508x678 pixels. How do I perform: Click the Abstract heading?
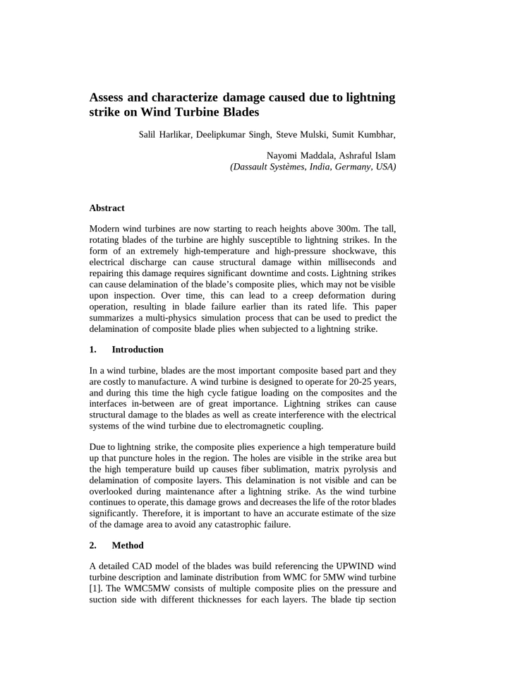[107, 208]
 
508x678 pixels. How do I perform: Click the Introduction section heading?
[137, 350]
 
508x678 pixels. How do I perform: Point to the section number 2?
[93, 545]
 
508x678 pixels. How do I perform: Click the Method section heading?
[127, 545]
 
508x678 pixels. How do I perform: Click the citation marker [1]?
[96, 588]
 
